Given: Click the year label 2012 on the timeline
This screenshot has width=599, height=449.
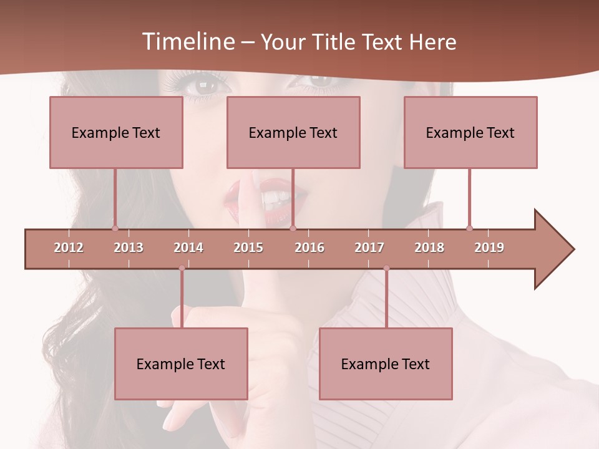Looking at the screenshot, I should pyautogui.click(x=69, y=248).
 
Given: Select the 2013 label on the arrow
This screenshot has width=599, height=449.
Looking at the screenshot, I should pyautogui.click(x=129, y=248).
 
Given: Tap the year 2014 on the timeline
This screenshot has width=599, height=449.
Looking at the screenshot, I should pyautogui.click(x=188, y=248).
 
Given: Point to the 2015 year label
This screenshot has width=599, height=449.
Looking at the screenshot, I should pyautogui.click(x=248, y=248).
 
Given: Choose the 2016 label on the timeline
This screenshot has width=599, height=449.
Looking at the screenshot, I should pyautogui.click(x=309, y=248).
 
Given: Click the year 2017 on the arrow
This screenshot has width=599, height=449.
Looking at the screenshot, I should pyautogui.click(x=369, y=248).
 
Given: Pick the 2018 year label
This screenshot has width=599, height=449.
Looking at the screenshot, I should pyautogui.click(x=429, y=248).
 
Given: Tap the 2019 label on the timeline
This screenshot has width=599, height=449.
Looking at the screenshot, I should pyautogui.click(x=489, y=248).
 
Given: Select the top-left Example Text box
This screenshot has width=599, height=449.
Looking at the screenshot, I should pyautogui.click(x=116, y=132).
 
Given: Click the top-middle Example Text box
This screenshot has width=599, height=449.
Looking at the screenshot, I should pyautogui.click(x=293, y=132).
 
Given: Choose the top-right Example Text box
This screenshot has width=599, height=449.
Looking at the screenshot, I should pyautogui.click(x=470, y=132).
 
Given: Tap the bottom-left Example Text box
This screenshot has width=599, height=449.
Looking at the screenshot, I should pyautogui.click(x=181, y=364).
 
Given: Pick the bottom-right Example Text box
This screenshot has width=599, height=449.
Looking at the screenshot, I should pyautogui.click(x=386, y=364).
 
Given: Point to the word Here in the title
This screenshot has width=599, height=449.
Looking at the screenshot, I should pyautogui.click(x=432, y=42).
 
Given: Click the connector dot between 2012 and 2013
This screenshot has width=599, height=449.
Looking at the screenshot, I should pyautogui.click(x=115, y=228).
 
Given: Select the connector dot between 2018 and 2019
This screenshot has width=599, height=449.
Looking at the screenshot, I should pyautogui.click(x=469, y=228).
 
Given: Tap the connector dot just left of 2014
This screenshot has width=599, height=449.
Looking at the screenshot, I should pyautogui.click(x=182, y=268).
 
